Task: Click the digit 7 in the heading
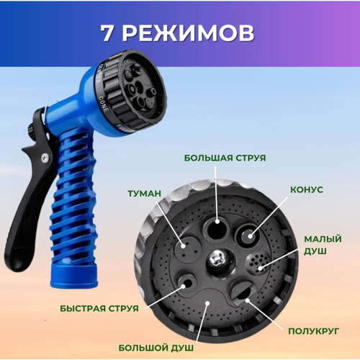click(107, 33)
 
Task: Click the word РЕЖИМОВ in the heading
click(189, 33)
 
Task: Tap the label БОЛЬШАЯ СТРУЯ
click(225, 158)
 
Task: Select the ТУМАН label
click(144, 194)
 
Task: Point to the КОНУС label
click(307, 189)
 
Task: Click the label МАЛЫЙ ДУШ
click(323, 245)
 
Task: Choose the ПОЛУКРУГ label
click(313, 331)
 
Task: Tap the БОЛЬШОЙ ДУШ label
click(156, 348)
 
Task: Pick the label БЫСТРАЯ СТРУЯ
click(99, 308)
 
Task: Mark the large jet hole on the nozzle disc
click(217, 228)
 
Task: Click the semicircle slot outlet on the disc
click(242, 292)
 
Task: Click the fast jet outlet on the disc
click(186, 283)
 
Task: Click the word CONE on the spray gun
click(104, 104)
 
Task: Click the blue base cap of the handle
click(74, 276)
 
